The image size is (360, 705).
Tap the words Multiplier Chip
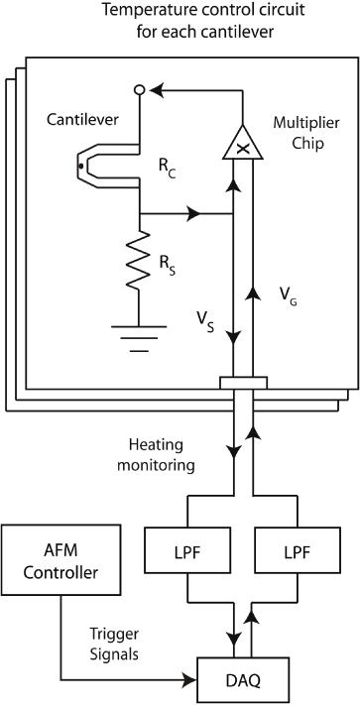pyautogui.click(x=302, y=138)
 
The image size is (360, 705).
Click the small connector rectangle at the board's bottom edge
pyautogui.click(x=243, y=382)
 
